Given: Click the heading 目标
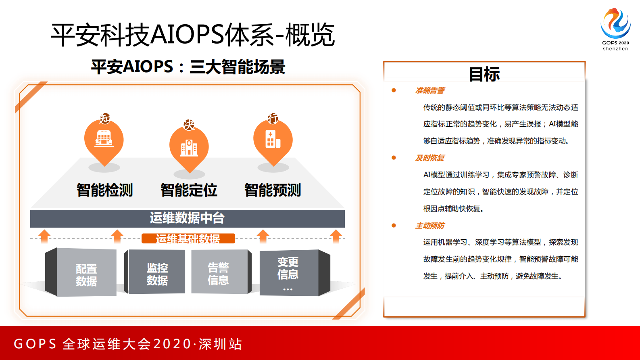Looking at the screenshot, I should coord(484,74).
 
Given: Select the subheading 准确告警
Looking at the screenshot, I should coord(430,90).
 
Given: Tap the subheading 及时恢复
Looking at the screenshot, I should coord(430,158).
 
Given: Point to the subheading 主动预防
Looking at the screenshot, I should coord(430,226).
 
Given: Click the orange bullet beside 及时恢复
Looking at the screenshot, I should coord(394,158).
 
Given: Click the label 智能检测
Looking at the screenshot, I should coord(105,190).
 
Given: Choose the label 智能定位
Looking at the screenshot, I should coord(189,190).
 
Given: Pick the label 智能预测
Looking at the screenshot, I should coord(273,190).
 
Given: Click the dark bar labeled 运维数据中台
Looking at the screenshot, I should coord(187,218).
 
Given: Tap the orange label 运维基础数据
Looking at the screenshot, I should coord(188,239).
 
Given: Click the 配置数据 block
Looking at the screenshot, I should coord(86,274).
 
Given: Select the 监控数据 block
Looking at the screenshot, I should coord(157,274).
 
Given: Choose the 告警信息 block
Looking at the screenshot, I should coord(218,273).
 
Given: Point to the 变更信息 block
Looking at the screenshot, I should coord(288,273).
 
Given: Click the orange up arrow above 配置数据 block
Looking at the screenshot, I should coord(44,236).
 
